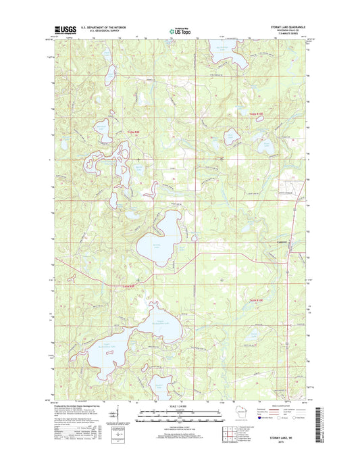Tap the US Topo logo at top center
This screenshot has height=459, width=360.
click(179, 31)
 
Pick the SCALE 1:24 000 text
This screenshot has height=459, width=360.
click(180, 405)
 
